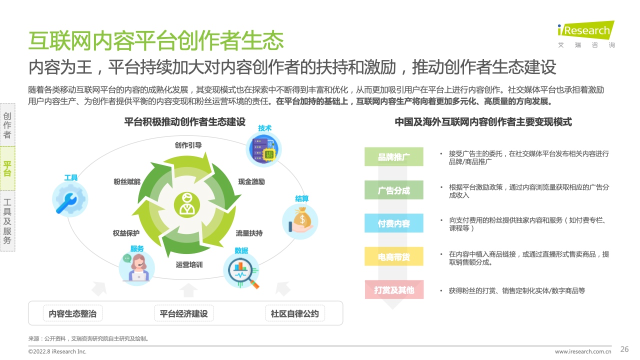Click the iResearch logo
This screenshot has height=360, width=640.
585,33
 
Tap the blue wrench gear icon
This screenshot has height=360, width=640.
70,199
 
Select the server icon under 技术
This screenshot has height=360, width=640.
263,149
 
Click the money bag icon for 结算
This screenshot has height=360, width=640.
300,221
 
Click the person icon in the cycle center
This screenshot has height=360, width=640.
187,205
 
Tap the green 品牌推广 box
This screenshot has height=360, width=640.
393,156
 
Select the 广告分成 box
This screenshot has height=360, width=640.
393,190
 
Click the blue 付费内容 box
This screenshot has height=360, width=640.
393,223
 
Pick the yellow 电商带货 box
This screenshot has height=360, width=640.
393,256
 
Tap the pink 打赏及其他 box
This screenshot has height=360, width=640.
394,289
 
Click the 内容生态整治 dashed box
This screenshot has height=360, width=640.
72,313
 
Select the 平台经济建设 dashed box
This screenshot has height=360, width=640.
183,313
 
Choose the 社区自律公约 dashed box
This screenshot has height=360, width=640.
295,313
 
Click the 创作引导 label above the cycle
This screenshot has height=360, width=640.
188,145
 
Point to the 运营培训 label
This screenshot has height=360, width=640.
189,265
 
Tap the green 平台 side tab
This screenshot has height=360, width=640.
7,168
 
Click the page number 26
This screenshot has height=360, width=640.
624,349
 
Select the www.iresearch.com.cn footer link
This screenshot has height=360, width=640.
583,351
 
